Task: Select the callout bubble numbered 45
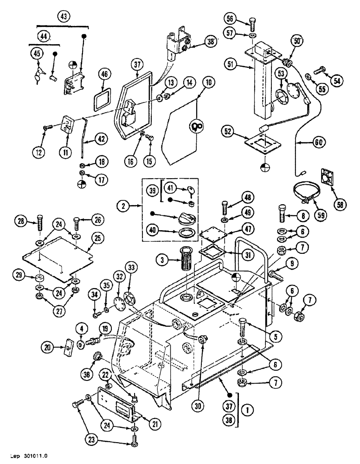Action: coord(37,54)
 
